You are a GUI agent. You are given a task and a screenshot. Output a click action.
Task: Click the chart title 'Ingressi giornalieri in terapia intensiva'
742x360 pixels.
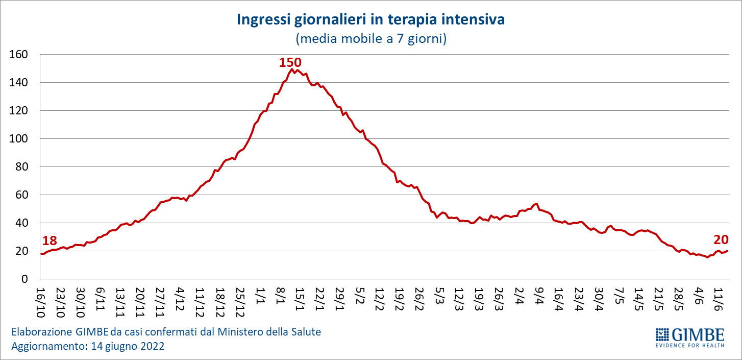click(370, 20)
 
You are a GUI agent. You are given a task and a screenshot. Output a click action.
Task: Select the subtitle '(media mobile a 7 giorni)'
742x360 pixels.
click(370, 39)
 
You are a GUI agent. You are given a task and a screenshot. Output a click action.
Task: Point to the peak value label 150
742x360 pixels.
click(290, 63)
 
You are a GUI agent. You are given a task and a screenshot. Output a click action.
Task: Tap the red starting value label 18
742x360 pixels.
click(49, 241)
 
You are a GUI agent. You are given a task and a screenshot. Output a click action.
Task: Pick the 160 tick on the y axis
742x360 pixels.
click(19, 55)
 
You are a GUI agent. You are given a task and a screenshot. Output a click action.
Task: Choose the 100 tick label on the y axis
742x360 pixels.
click(19, 139)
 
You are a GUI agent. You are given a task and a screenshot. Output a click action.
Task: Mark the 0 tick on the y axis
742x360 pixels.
click(24, 279)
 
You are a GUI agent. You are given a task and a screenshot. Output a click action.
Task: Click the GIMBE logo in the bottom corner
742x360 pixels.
click(689, 334)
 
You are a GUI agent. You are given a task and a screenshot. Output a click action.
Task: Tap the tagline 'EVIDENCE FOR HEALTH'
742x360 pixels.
click(689, 345)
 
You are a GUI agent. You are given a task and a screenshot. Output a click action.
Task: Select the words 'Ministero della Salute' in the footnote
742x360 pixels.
click(269, 332)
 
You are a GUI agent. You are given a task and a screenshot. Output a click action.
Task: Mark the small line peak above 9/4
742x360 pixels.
click(537, 204)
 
